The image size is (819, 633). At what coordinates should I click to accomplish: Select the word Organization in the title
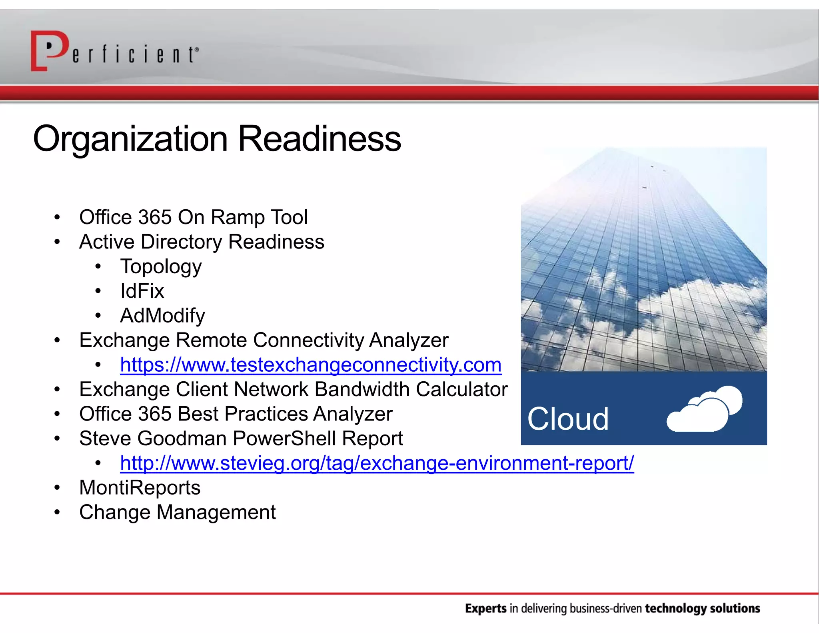(x=130, y=139)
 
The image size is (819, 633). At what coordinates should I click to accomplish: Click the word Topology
(x=161, y=267)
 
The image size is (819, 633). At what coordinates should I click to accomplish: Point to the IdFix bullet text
(x=142, y=291)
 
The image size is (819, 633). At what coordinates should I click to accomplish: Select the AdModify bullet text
(x=162, y=315)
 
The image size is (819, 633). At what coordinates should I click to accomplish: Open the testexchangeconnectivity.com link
(x=310, y=365)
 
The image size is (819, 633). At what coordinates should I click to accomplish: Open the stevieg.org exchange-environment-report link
(x=377, y=463)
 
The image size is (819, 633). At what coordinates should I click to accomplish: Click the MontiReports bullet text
(x=140, y=488)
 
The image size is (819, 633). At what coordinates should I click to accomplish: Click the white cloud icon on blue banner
(x=705, y=409)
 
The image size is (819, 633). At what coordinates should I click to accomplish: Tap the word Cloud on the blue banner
(x=568, y=419)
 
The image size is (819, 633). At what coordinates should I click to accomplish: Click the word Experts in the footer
(x=485, y=609)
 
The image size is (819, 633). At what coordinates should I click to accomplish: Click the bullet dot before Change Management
(x=57, y=512)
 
